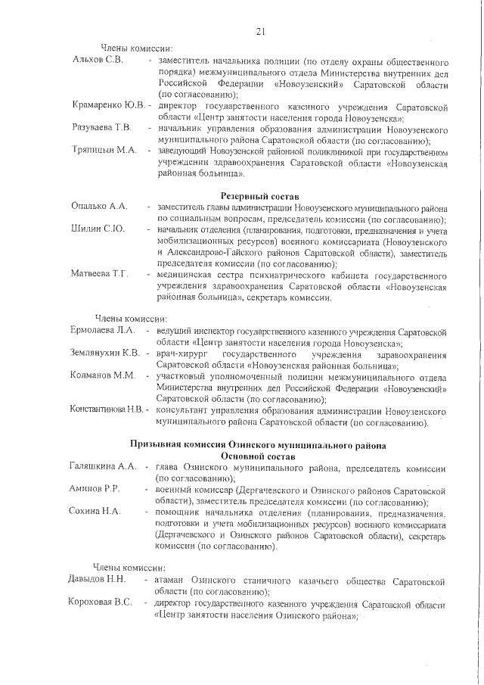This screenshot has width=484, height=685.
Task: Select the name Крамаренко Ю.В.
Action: click(x=108, y=104)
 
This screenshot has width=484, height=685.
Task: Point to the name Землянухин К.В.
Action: click(x=105, y=353)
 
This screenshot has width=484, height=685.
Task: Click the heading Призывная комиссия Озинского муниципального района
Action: click(x=259, y=444)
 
